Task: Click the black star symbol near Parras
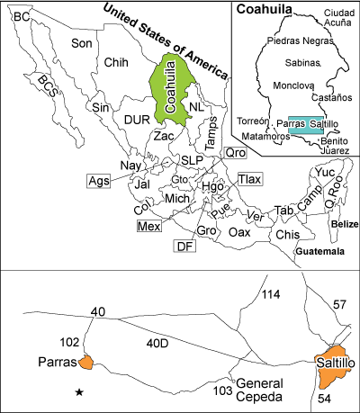point(80,392)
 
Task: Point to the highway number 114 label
point(270,295)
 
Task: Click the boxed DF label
point(184,246)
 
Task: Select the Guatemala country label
point(320,253)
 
